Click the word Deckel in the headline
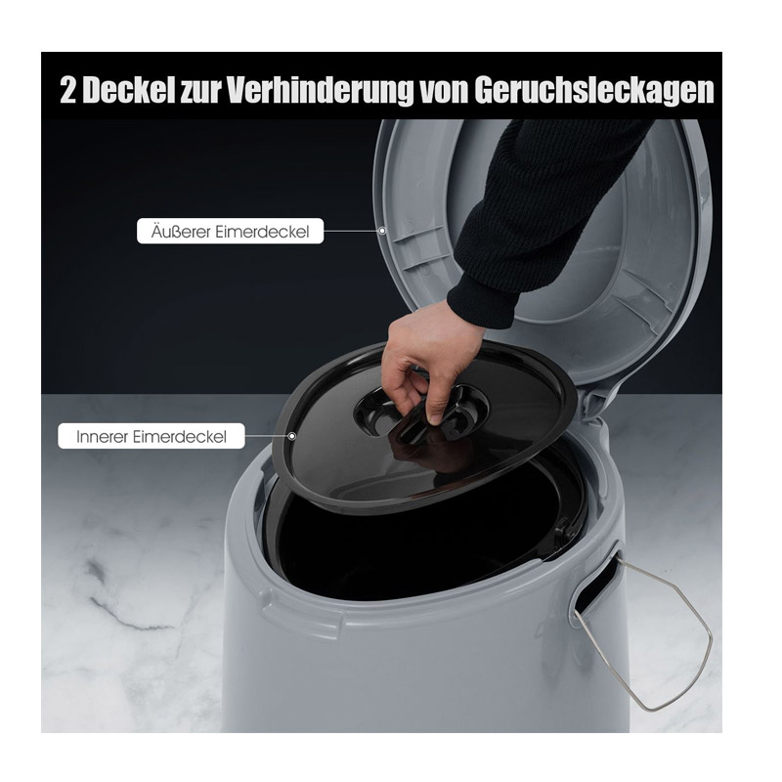pos(129,90)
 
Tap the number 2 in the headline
pos(67,90)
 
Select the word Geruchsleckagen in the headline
pos(594,90)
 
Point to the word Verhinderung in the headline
pos(321,90)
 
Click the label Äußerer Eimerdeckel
pos(230,231)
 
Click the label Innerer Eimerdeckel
pos(152,436)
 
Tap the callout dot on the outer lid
pos(382,231)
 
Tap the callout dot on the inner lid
pos(292,436)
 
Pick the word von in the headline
pos(443,90)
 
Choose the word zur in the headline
pos(200,91)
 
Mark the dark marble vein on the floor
pos(119,598)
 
